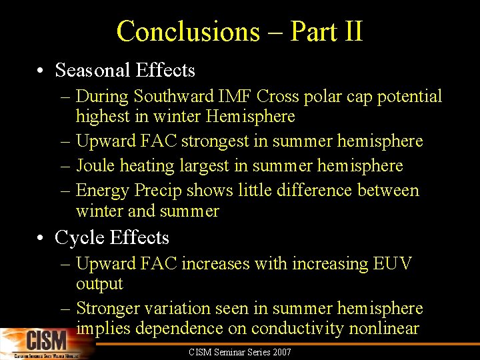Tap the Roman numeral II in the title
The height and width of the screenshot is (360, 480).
coord(351,31)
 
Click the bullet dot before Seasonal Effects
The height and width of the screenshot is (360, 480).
coord(41,71)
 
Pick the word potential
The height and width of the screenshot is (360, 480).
coord(409,97)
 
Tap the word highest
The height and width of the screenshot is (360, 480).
coord(101,117)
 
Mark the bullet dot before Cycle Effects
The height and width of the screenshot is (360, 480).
coord(41,238)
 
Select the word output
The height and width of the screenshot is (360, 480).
coord(99,284)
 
